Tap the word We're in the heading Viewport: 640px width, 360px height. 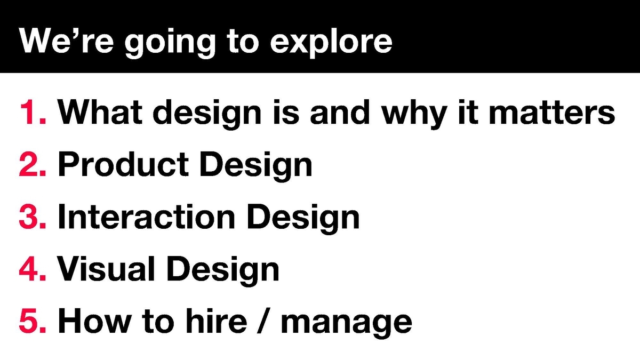pyautogui.click(x=66, y=41)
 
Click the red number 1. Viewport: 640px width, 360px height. pyautogui.click(x=33, y=111)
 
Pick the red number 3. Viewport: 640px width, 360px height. pyautogui.click(x=33, y=217)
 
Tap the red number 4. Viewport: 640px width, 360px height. pyautogui.click(x=33, y=269)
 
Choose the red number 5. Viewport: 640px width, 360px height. pyautogui.click(x=33, y=321)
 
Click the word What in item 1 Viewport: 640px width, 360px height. pyautogui.click(x=100, y=111)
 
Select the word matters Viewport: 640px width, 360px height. pyautogui.click(x=552, y=111)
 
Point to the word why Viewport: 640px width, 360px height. pyautogui.click(x=414, y=114)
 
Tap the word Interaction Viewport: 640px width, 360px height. pyautogui.click(x=147, y=217)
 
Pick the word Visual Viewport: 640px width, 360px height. pyautogui.click(x=106, y=269)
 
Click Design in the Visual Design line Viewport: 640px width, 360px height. pyautogui.click(x=223, y=271)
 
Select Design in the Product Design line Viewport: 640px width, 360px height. pyautogui.click(x=256, y=166)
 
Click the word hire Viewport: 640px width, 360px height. pyautogui.click(x=217, y=321)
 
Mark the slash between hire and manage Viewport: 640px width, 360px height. pyautogui.click(x=264, y=321)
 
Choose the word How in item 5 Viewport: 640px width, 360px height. pyautogui.click(x=94, y=321)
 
